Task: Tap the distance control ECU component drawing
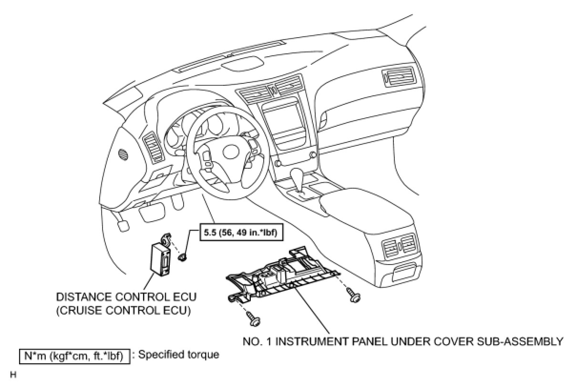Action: click(161, 257)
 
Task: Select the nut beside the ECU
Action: click(183, 258)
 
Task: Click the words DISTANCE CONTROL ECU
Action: click(126, 297)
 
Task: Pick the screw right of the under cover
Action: click(354, 296)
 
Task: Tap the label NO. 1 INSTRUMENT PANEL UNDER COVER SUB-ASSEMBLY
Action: click(403, 341)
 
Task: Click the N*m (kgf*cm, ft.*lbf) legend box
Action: click(74, 356)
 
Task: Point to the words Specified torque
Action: click(178, 355)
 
